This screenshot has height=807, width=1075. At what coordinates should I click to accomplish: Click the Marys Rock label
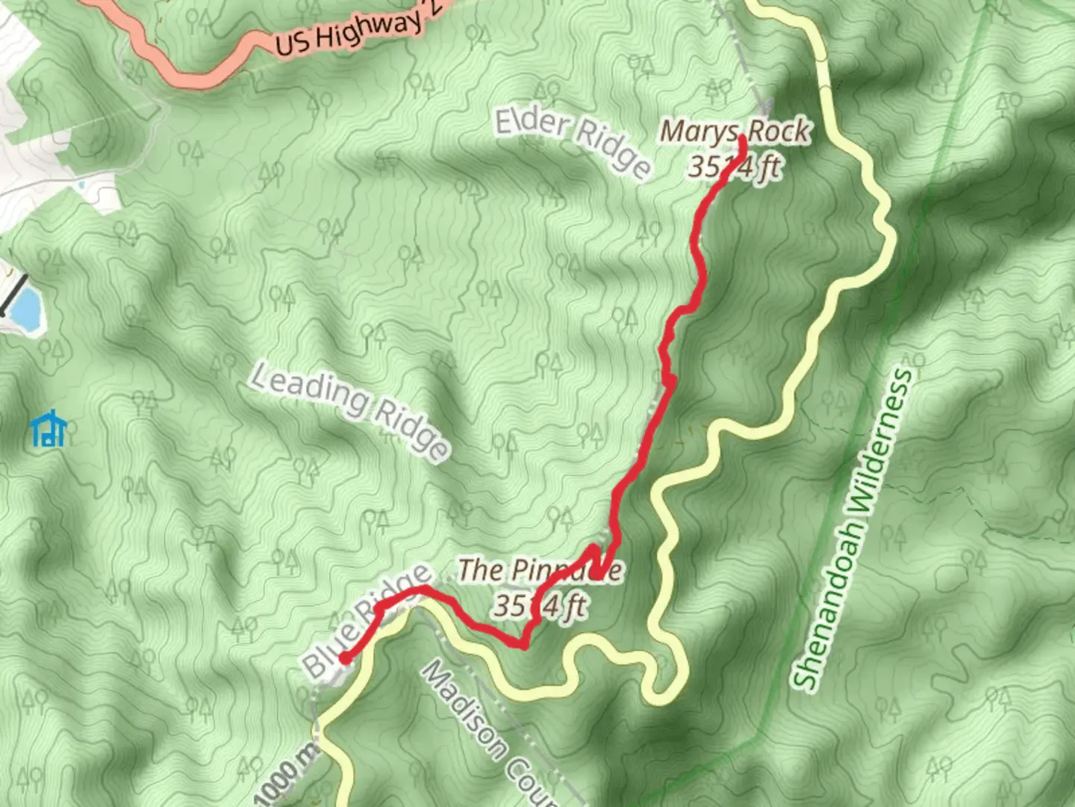(735, 132)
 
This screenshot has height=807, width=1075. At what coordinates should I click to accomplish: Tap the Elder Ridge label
(573, 142)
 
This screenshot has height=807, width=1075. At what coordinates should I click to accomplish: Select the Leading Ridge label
(349, 410)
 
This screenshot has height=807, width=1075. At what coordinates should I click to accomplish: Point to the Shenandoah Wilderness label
(853, 528)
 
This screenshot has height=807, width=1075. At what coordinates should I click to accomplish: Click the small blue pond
(25, 309)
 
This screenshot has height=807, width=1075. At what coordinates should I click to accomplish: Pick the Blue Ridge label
(366, 622)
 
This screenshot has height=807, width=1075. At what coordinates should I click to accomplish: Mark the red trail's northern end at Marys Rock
(742, 139)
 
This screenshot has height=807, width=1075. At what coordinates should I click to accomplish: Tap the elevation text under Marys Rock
(735, 167)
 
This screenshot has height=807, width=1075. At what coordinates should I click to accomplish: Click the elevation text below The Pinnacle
(539, 605)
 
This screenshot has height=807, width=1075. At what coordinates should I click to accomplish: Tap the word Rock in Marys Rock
(779, 132)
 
